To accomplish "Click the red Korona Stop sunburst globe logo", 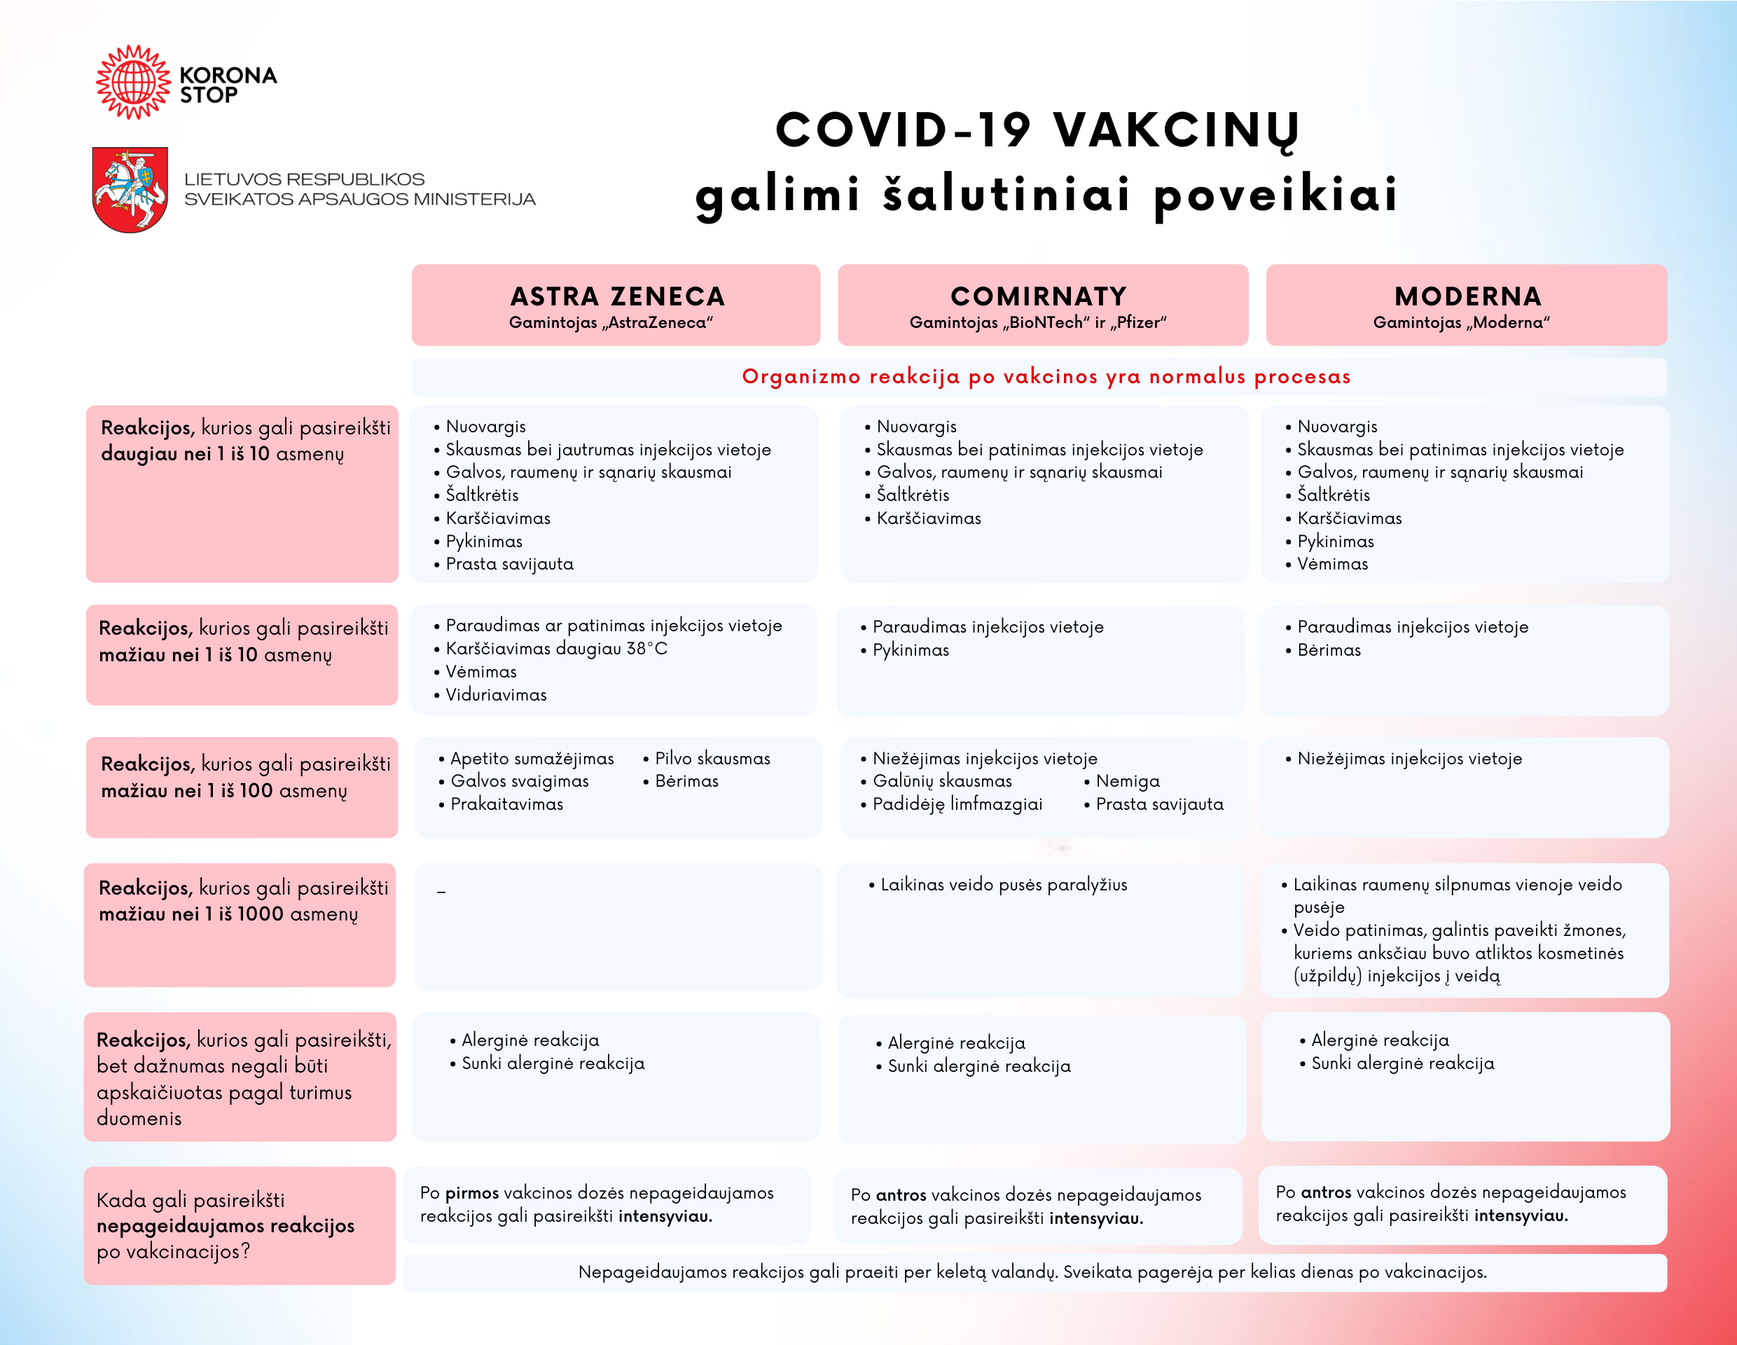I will tap(133, 82).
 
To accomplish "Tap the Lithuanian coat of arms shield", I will tap(130, 189).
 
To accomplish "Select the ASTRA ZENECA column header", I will tap(616, 305).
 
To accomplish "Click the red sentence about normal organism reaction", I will tap(1046, 377).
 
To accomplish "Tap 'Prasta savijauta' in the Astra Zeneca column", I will tap(509, 564).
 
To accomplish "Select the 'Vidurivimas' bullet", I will tap(495, 695).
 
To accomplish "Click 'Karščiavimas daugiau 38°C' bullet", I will tap(556, 649).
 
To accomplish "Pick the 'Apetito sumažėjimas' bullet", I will tap(532, 759).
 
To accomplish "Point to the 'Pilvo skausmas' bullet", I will tap(712, 759).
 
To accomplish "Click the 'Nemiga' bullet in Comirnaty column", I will tap(1127, 781).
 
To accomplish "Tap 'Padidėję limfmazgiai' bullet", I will tap(957, 804).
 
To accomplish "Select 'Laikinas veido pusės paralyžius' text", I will tap(1003, 885).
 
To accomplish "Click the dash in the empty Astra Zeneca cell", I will tap(441, 892).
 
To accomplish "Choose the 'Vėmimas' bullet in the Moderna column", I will tap(1332, 564).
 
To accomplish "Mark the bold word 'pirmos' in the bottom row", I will tap(471, 1193).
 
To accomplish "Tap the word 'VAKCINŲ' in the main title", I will tap(1175, 130).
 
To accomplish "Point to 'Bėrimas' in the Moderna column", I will tap(1328, 650).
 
